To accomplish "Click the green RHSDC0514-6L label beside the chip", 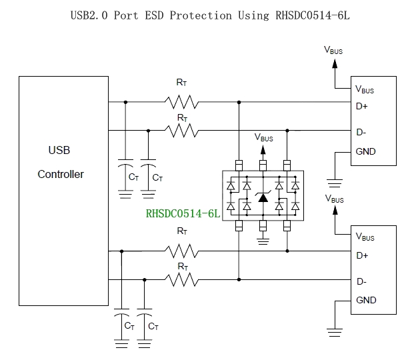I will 183,214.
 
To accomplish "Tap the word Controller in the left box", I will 61,175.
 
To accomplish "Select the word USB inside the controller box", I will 59,150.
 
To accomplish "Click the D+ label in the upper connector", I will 363,105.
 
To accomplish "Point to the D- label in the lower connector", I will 362,281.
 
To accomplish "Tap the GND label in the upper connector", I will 366,151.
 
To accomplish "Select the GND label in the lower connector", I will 366,301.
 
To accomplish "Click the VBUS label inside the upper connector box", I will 365,89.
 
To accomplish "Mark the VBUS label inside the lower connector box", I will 365,237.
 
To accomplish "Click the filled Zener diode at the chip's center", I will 263,197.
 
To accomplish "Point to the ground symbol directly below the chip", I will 263,241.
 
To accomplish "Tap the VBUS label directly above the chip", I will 264,138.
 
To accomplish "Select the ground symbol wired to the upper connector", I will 334,180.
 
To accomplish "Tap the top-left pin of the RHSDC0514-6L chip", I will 238,164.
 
